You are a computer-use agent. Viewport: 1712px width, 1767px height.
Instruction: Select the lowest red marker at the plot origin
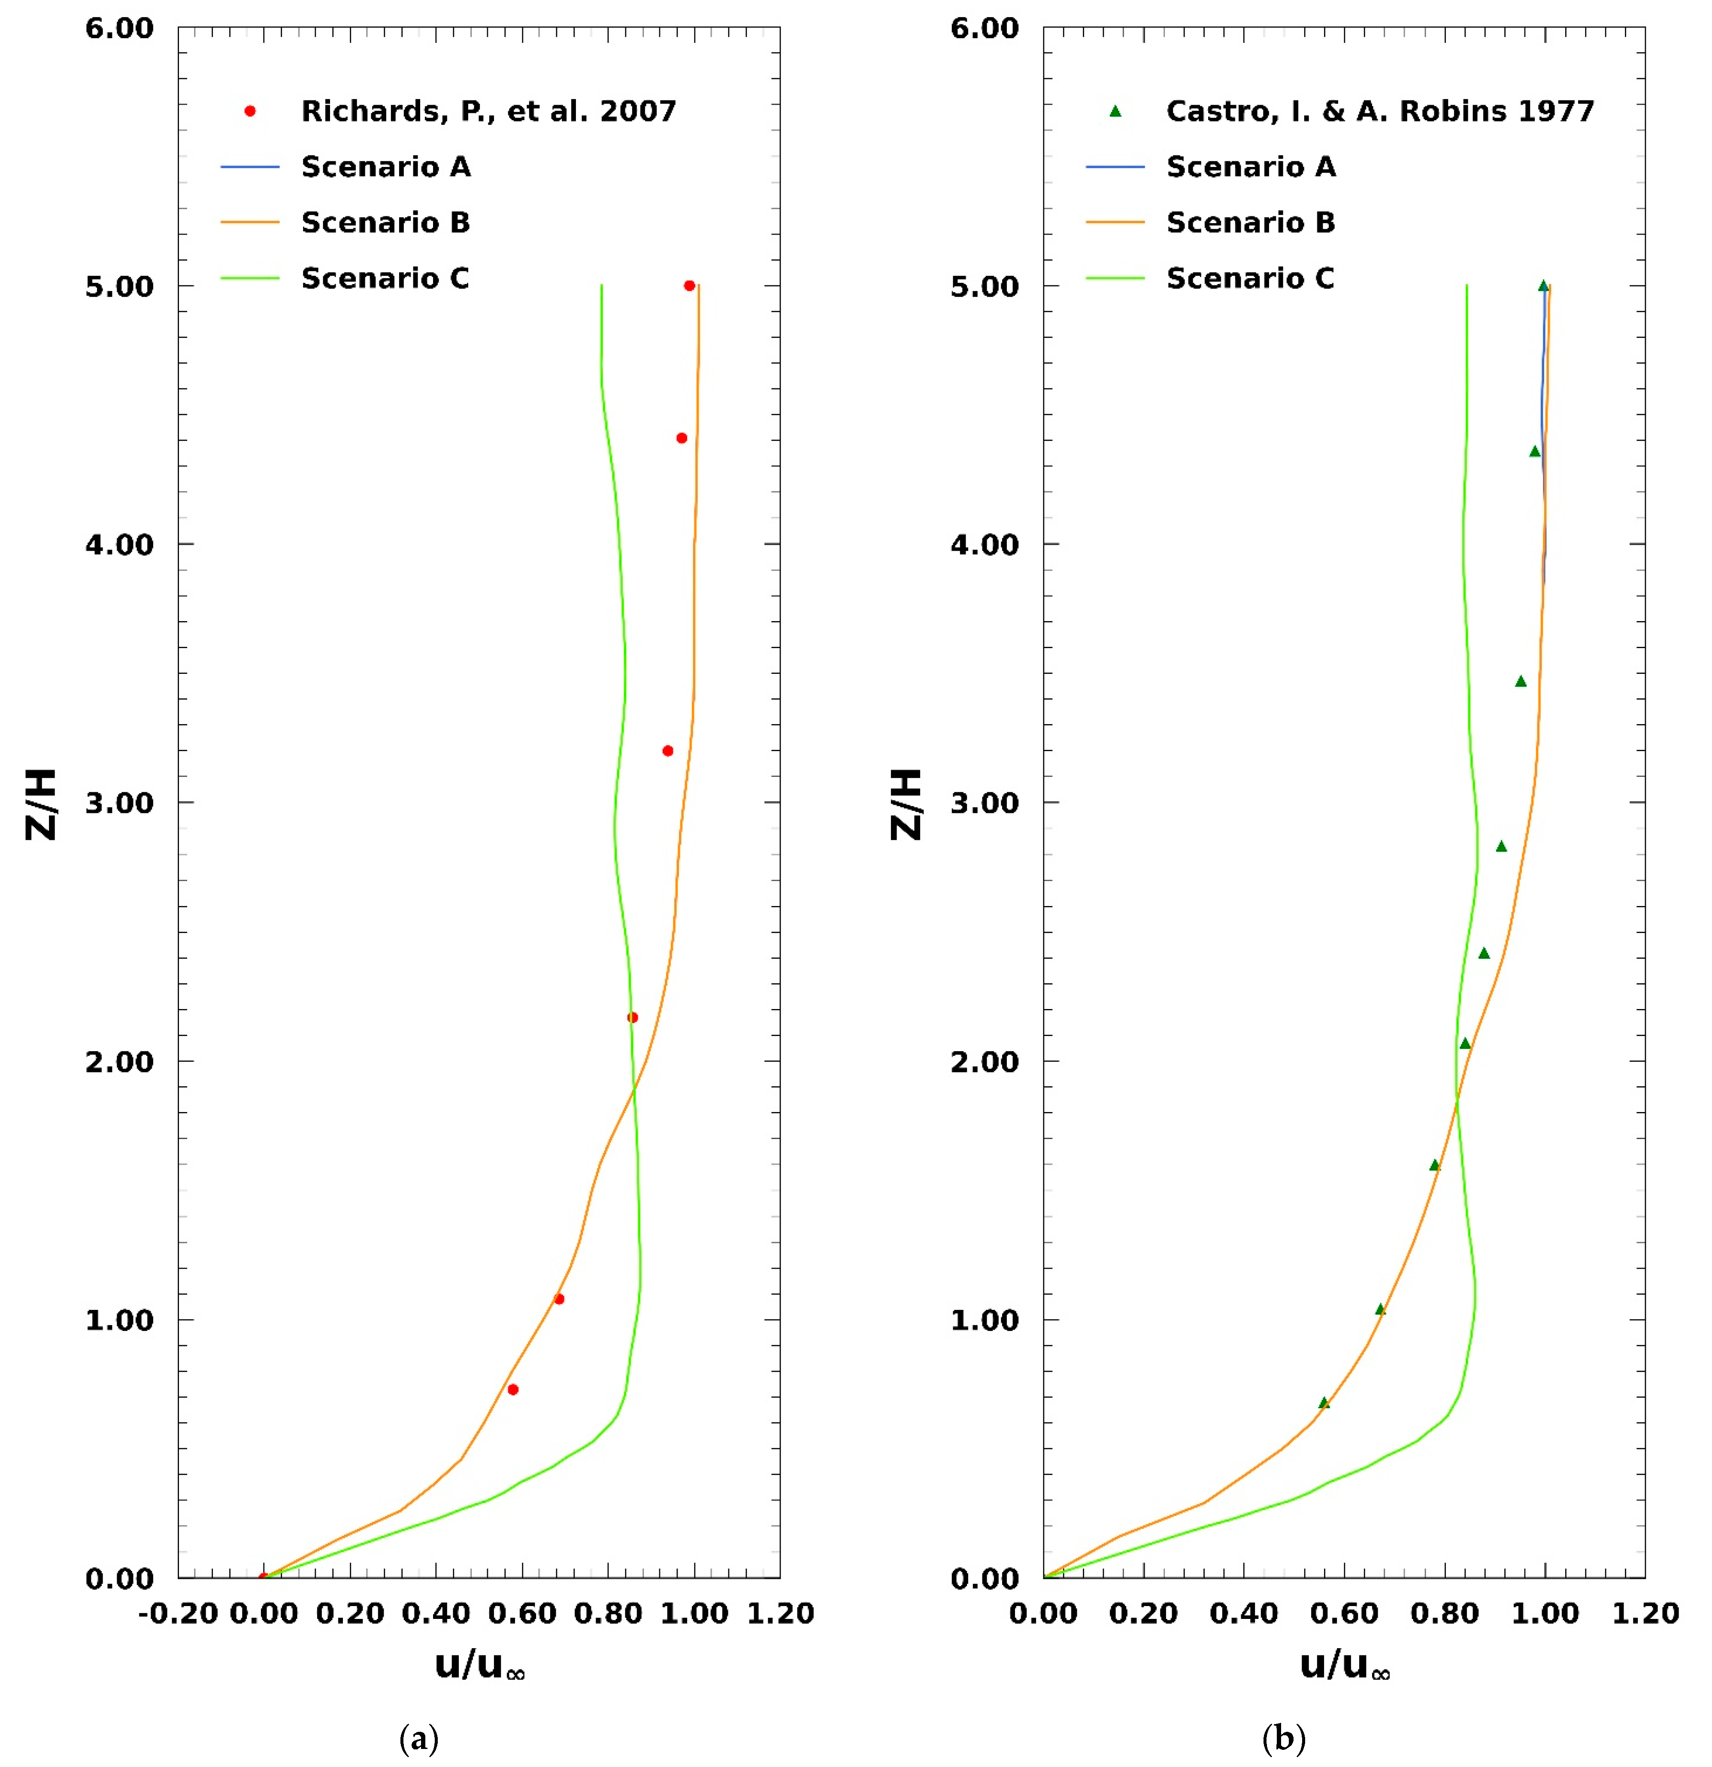(x=263, y=1578)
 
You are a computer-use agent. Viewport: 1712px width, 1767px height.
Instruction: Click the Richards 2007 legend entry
(x=488, y=111)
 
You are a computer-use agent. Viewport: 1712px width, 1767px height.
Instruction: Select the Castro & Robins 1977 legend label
(x=1379, y=111)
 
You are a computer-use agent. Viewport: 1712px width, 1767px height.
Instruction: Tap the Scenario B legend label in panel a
(x=385, y=223)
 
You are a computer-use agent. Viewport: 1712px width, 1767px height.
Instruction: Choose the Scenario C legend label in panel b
(x=1249, y=279)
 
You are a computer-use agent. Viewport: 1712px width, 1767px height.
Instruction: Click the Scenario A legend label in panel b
(x=1251, y=167)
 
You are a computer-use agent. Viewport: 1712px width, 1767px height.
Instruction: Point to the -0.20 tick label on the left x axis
(x=178, y=1614)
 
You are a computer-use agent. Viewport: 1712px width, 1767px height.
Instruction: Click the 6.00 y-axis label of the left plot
(x=119, y=28)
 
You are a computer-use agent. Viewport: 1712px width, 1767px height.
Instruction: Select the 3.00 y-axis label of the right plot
(x=985, y=802)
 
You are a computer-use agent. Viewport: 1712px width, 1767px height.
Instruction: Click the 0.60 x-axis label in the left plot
(x=522, y=1614)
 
